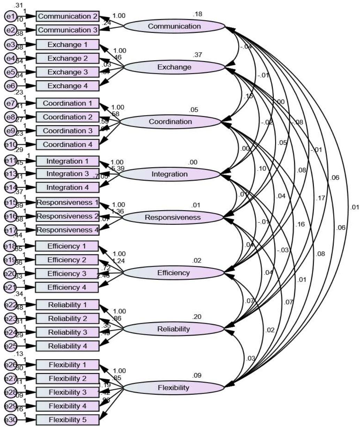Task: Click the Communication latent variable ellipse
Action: point(174,26)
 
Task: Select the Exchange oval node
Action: point(174,67)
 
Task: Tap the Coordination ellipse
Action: point(170,122)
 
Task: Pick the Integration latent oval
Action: point(170,174)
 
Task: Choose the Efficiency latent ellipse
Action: point(173,272)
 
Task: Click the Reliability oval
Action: point(173,329)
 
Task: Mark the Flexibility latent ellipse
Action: point(173,387)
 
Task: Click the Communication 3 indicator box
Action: point(68,30)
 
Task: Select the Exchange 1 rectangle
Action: point(68,45)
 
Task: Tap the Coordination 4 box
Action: point(68,144)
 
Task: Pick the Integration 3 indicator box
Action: point(68,174)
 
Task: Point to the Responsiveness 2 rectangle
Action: point(68,216)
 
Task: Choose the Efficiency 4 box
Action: point(68,287)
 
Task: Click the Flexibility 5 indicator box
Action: point(68,420)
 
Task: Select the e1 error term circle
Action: point(9,16)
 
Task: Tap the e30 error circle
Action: point(9,420)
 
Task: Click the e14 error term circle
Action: point(9,188)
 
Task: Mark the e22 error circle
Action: point(9,305)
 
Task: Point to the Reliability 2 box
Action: point(68,318)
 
